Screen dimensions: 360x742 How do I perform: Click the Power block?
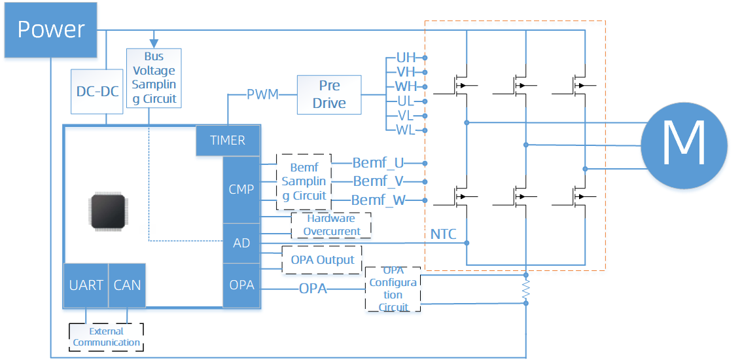[x=51, y=29]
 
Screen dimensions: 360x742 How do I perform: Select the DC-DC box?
[x=97, y=91]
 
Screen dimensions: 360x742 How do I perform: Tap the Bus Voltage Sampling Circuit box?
[x=154, y=78]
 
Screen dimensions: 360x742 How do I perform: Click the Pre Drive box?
[x=329, y=94]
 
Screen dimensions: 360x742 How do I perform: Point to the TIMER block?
[x=228, y=140]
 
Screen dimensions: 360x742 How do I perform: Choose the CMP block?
[x=241, y=189]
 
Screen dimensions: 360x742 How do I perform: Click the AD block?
[x=241, y=243]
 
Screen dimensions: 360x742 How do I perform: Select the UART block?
[x=86, y=285]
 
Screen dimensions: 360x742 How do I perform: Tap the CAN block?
[x=127, y=285]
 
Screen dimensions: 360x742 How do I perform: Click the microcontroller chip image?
[x=109, y=211]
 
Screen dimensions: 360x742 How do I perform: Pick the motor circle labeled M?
[x=683, y=144]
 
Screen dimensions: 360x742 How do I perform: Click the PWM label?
[x=262, y=94]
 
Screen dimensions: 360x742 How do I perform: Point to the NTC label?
[x=443, y=234]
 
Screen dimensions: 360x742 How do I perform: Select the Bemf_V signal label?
[x=378, y=181]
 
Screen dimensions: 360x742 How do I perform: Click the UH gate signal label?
[x=406, y=58]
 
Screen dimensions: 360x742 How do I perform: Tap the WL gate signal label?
[x=406, y=130]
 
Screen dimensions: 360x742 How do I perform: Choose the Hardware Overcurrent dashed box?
[x=331, y=225]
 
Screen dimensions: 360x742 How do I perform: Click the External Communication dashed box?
[x=106, y=337]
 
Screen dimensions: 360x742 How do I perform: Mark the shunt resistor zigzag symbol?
[x=525, y=289]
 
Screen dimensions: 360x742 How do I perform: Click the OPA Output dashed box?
[x=322, y=260]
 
